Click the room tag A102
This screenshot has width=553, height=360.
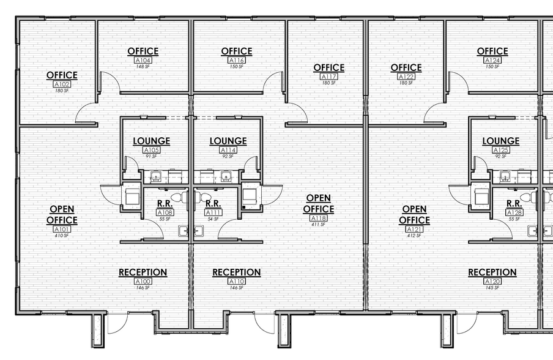[62, 84]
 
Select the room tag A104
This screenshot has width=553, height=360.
[143, 61]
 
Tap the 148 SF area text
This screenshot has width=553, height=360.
[143, 67]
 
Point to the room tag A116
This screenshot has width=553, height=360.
[237, 61]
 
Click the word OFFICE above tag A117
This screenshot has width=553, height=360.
[328, 67]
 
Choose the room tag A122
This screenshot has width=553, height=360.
[406, 77]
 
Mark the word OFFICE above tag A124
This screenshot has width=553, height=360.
[492, 51]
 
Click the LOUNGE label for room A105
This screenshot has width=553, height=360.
[152, 141]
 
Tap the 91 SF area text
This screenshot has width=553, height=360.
[152, 156]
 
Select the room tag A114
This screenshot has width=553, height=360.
[228, 150]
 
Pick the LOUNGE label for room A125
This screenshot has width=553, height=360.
[500, 141]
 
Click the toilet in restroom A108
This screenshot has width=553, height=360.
[177, 197]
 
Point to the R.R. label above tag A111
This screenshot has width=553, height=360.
[213, 203]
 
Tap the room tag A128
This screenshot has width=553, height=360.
[514, 212]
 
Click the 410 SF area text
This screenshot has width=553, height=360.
[62, 235]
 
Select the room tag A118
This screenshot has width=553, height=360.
[319, 219]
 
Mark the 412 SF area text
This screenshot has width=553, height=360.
[414, 235]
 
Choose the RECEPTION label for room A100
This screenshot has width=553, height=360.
[143, 272]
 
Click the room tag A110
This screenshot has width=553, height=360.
[236, 282]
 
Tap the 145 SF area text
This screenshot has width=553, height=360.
[492, 288]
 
